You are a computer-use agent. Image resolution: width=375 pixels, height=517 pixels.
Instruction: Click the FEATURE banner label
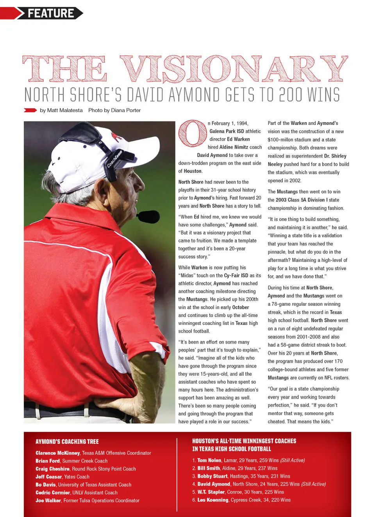(51, 13)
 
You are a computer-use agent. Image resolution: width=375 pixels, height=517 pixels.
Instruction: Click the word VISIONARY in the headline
(234, 70)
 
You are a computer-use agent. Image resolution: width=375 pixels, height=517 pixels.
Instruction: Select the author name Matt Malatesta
(65, 111)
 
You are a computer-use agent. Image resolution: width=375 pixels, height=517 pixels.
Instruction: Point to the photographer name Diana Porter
(126, 111)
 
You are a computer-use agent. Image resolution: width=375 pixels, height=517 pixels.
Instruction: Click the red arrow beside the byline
(30, 110)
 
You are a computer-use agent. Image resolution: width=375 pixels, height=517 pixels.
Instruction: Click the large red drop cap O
(192, 134)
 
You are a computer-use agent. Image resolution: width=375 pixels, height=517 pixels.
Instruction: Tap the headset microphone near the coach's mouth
(148, 216)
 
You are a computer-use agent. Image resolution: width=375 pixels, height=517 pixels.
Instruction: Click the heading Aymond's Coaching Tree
(67, 442)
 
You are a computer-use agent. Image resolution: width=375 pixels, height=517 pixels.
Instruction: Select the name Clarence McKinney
(58, 453)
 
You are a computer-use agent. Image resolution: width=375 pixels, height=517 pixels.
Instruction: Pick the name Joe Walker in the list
(48, 501)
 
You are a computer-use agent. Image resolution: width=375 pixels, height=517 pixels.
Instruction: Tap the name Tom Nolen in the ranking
(209, 460)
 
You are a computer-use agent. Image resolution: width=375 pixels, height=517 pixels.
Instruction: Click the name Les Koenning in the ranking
(213, 500)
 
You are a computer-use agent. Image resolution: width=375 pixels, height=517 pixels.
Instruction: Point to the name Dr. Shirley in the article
(335, 156)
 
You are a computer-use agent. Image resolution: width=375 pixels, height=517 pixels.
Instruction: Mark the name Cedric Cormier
(53, 493)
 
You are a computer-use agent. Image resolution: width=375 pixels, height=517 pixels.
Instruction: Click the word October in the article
(241, 307)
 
